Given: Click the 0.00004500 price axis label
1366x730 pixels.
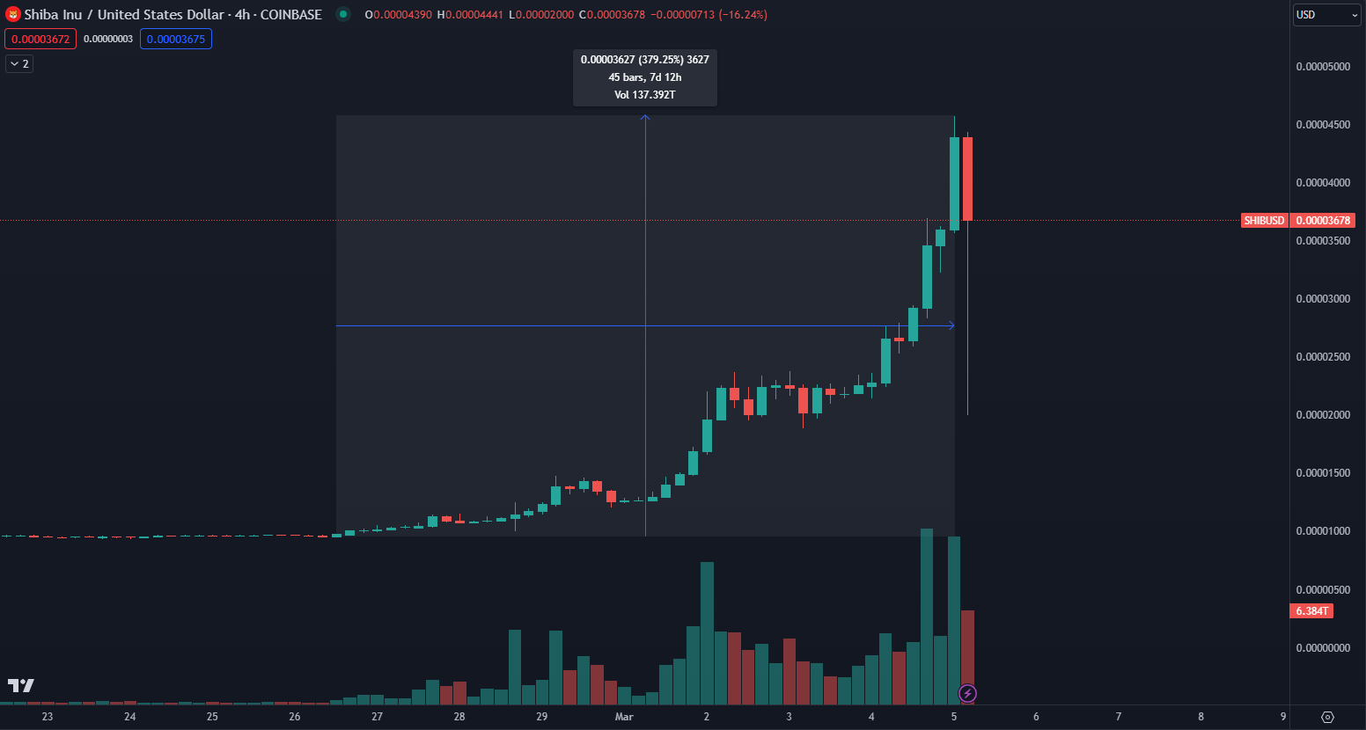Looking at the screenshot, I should (1322, 125).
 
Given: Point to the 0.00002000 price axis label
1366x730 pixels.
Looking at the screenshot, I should (1322, 415).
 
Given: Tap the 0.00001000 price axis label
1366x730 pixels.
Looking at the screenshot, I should (1322, 531).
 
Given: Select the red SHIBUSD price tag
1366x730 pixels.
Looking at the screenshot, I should (1264, 221).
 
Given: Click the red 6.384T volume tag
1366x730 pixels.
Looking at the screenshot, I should (1311, 611).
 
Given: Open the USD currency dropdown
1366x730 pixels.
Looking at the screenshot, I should (1326, 15).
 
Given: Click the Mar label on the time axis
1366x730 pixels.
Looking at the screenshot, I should (624, 717).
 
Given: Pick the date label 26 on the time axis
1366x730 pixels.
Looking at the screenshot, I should (295, 717).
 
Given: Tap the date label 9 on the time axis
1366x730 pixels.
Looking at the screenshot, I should (1283, 717).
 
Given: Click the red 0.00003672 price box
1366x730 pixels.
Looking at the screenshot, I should (40, 40).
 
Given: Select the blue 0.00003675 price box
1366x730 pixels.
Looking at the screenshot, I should (176, 40).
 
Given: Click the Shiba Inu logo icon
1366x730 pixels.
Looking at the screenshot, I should (13, 15).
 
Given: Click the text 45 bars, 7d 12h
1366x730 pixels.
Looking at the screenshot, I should (645, 77).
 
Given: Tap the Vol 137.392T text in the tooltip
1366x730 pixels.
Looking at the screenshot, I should (645, 95).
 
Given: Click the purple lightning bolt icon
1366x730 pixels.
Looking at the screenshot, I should (967, 694).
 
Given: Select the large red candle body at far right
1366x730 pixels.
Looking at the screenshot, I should (967, 179).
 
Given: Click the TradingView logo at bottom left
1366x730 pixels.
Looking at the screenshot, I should (20, 686).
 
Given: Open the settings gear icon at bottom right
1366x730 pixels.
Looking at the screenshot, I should (1327, 717).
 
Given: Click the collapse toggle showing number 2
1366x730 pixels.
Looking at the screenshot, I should (19, 64).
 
